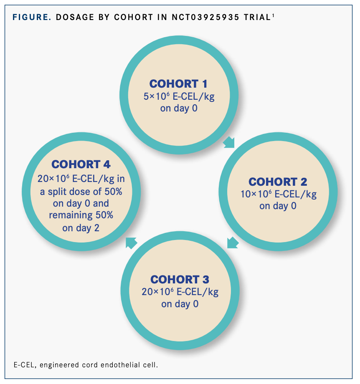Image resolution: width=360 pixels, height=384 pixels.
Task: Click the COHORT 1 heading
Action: pos(178,83)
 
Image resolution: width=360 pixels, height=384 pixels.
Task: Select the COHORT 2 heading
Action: pos(278,182)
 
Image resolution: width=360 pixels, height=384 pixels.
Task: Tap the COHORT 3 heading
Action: pos(180,279)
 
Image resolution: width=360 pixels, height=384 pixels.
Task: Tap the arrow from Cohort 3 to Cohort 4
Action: pos(132,242)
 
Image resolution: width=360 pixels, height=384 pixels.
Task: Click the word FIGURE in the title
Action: pos(32,18)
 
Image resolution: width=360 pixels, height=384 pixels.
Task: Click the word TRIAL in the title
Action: pos(256,18)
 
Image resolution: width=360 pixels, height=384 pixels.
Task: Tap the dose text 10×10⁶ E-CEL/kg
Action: pos(278,194)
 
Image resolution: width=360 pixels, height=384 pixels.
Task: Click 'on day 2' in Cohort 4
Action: pos(81,227)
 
